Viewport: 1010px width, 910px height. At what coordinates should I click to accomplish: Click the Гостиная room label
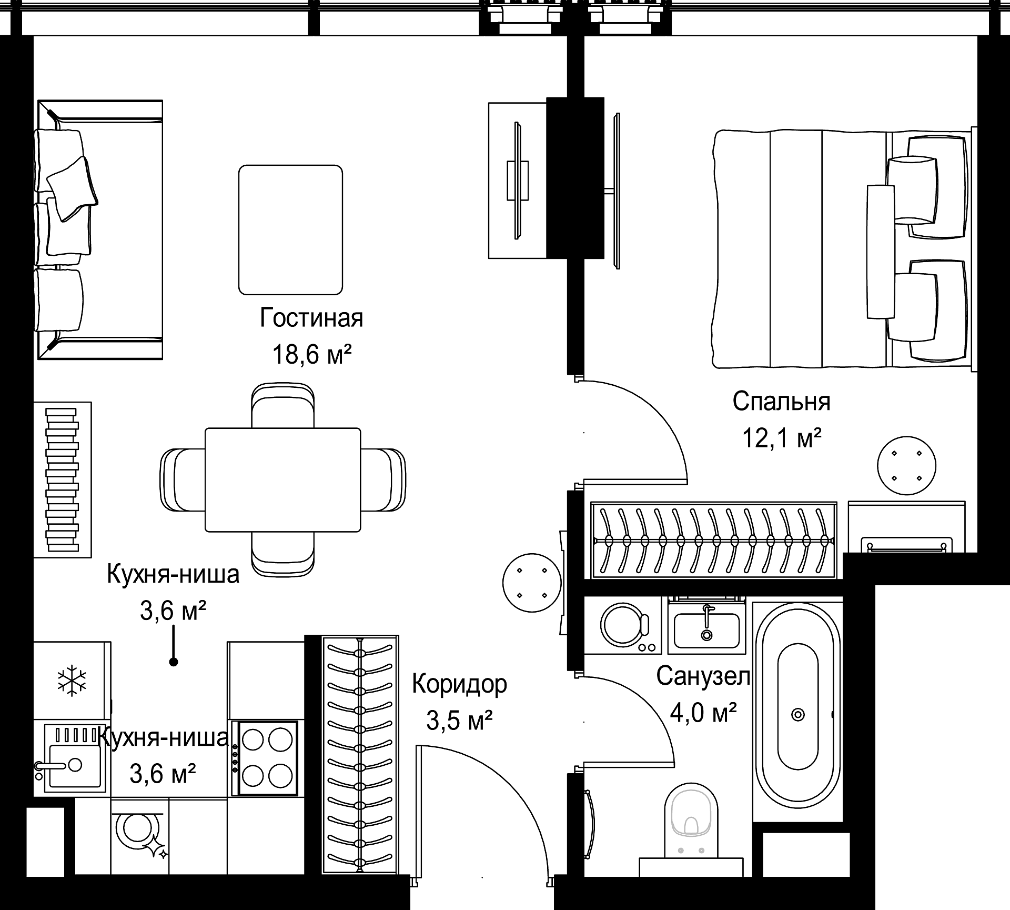click(311, 318)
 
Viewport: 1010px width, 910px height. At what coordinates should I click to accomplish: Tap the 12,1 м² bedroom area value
click(781, 437)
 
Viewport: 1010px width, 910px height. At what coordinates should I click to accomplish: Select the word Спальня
click(781, 402)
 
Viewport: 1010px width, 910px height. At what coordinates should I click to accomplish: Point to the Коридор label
click(459, 684)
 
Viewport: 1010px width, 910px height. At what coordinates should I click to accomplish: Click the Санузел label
click(703, 676)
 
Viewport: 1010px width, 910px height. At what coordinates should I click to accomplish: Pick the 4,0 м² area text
click(703, 713)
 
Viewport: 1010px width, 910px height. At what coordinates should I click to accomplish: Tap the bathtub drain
click(798, 714)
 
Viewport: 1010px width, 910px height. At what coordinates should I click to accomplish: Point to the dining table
click(282, 479)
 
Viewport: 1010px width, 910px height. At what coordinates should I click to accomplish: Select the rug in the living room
click(290, 229)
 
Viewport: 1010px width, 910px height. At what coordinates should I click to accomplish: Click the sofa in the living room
click(99, 229)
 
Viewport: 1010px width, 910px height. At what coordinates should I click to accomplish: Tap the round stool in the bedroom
click(906, 466)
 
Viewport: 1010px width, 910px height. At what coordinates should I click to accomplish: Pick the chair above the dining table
click(283, 406)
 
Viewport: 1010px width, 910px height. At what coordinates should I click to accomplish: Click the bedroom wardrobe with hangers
click(714, 540)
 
